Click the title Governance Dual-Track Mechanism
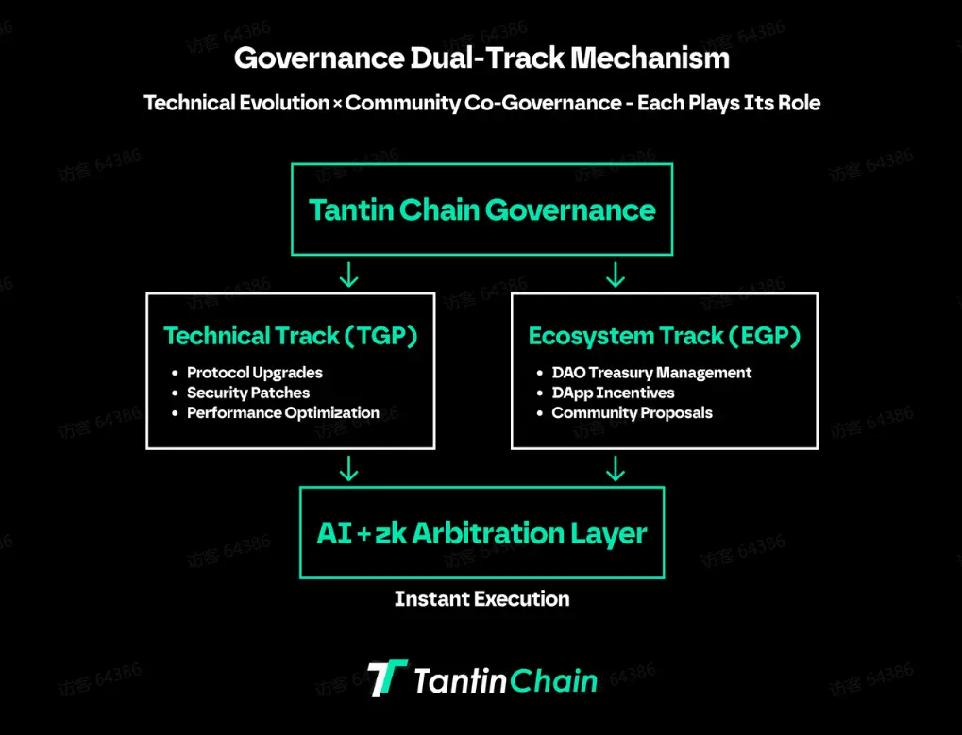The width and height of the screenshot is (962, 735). point(481,58)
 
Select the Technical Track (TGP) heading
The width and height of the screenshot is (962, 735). point(290,336)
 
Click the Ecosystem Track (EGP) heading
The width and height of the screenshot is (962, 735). point(665,336)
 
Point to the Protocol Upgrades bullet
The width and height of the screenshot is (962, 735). point(255,373)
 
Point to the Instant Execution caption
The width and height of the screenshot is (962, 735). point(481,599)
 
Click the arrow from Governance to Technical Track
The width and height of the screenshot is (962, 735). point(349,275)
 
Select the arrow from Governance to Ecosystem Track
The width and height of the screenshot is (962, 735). point(616,275)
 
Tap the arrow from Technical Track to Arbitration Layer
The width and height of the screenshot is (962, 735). point(349,468)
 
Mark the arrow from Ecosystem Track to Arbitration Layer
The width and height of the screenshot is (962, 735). point(616,468)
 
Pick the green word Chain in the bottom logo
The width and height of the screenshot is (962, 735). point(553,680)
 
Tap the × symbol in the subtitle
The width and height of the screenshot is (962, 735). point(337,104)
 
